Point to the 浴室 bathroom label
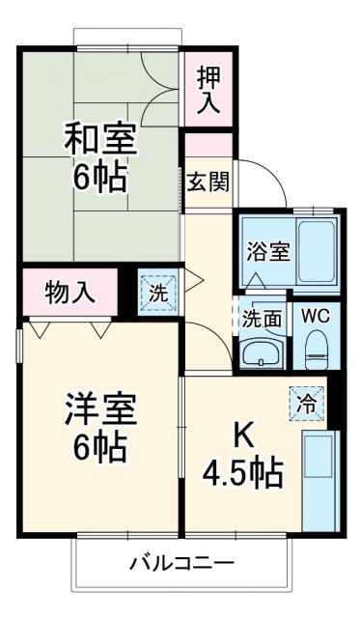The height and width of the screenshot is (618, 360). click(x=266, y=252)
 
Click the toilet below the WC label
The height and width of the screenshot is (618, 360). click(x=315, y=351)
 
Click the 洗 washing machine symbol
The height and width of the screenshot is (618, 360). click(x=156, y=292)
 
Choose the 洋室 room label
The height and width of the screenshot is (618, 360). click(x=100, y=410)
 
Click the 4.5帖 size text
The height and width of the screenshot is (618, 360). click(x=242, y=473)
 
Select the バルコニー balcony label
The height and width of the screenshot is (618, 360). click(x=181, y=562)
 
